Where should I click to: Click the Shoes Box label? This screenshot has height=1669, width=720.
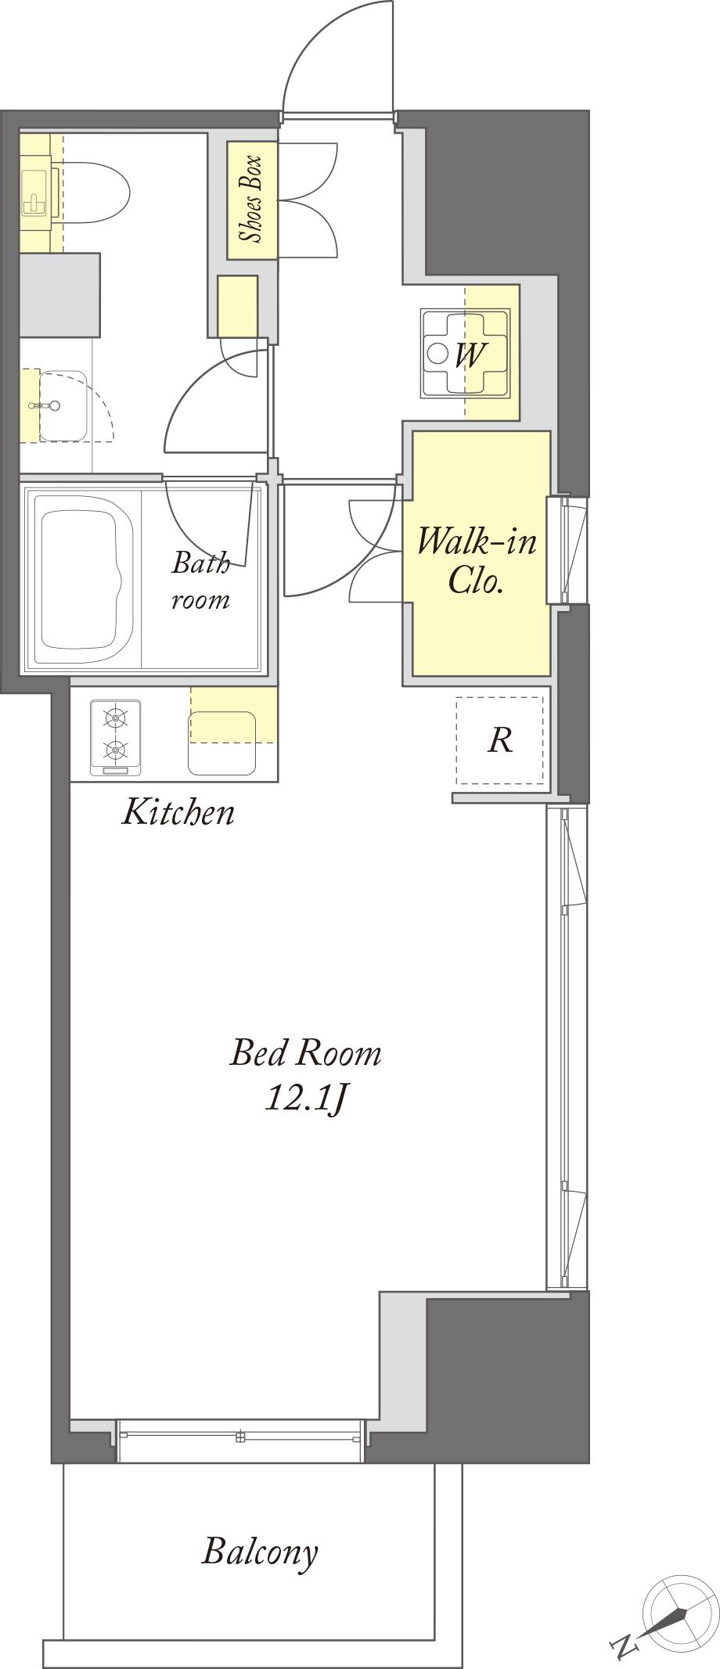[x=250, y=200]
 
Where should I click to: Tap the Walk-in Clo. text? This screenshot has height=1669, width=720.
[x=477, y=559]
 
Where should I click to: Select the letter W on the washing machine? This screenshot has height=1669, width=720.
[x=469, y=354]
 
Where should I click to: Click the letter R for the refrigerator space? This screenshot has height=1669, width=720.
[x=500, y=739]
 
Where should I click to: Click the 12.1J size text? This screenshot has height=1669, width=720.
[x=306, y=1099]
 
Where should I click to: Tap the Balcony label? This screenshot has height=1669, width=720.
[x=260, y=1551]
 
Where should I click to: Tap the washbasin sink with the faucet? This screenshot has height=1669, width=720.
[x=63, y=406]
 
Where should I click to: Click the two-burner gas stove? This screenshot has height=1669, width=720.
[x=116, y=738]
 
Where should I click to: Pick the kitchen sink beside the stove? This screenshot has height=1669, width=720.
[x=222, y=743]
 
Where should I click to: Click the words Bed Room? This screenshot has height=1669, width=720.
[x=305, y=1053]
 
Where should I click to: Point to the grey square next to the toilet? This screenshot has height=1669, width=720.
[x=60, y=295]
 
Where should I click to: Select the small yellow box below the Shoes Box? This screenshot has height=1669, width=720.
[x=238, y=307]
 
